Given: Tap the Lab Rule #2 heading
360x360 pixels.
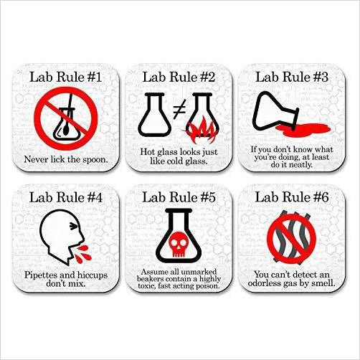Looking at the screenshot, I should click(179, 75).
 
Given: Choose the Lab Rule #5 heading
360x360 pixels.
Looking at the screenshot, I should click(179, 195).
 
